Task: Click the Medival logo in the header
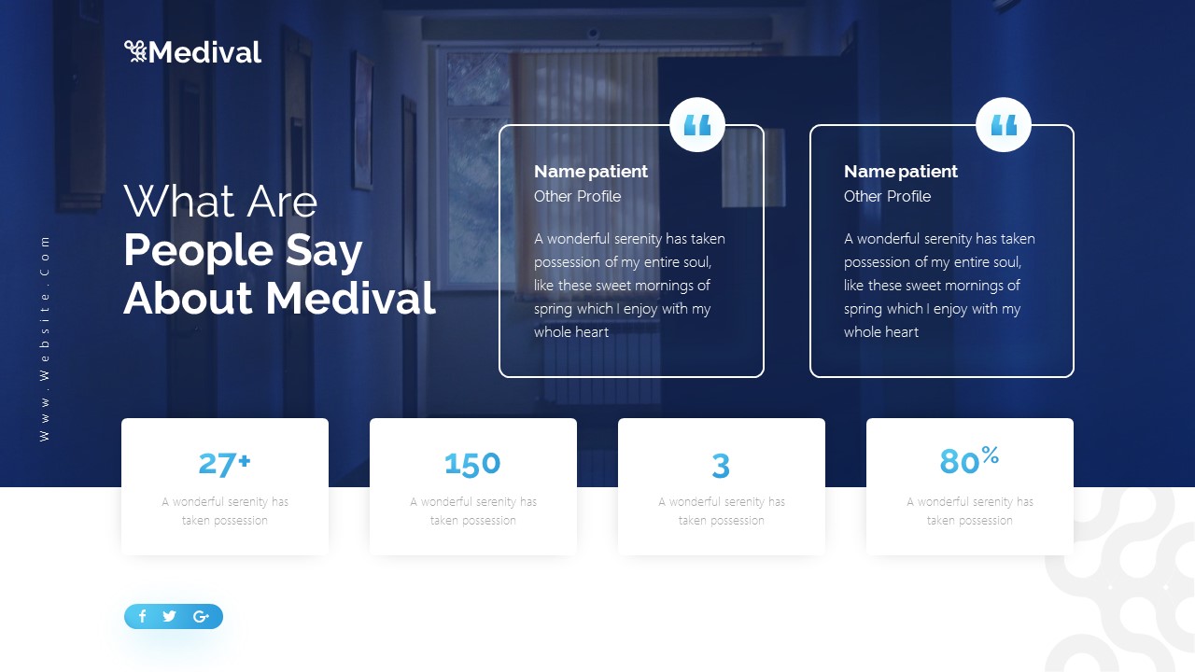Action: [193, 52]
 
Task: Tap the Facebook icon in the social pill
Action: [143, 616]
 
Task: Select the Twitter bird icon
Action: [169, 616]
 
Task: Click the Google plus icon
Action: [201, 616]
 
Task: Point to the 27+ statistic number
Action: [224, 463]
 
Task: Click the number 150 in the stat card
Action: [472, 464]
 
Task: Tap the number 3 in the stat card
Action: [721, 465]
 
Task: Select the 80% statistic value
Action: [969, 461]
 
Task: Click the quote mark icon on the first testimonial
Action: [697, 125]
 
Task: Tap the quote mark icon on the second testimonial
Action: [1004, 125]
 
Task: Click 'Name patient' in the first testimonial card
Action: [590, 172]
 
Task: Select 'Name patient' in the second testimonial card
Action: [900, 172]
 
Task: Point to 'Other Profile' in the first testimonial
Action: [577, 196]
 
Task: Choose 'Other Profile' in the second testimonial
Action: [887, 196]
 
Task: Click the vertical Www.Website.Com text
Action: [45, 338]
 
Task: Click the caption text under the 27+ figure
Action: [225, 511]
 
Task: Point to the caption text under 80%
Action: [970, 511]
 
